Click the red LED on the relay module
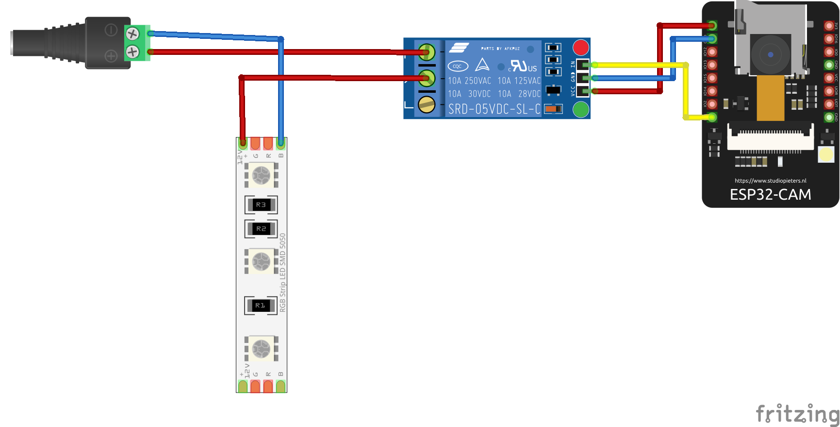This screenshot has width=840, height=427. pos(580,48)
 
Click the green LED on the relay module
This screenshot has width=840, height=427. pos(580,110)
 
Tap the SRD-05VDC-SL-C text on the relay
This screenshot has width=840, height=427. pos(494,109)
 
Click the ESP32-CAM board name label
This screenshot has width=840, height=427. pos(770,195)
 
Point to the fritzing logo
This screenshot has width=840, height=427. pos(797,414)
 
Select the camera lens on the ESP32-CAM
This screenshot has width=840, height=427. pos(770,54)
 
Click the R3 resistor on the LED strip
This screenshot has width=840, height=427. pos(261,205)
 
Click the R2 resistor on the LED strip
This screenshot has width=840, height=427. pos(261,229)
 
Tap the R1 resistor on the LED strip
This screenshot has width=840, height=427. pos(261,306)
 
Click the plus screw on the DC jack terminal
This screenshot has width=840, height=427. pos(132,51)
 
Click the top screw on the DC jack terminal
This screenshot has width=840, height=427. pos(132,34)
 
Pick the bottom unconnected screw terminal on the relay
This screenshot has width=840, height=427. pos(427,104)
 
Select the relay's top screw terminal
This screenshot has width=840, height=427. pos(427,51)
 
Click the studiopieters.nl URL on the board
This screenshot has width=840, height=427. pos(770,181)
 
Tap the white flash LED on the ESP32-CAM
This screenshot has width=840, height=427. pos(826,154)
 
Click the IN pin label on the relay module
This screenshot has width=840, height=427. pos(573,64)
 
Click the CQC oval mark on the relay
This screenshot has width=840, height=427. pos(458,66)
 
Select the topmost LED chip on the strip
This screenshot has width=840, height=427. pos(261,175)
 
